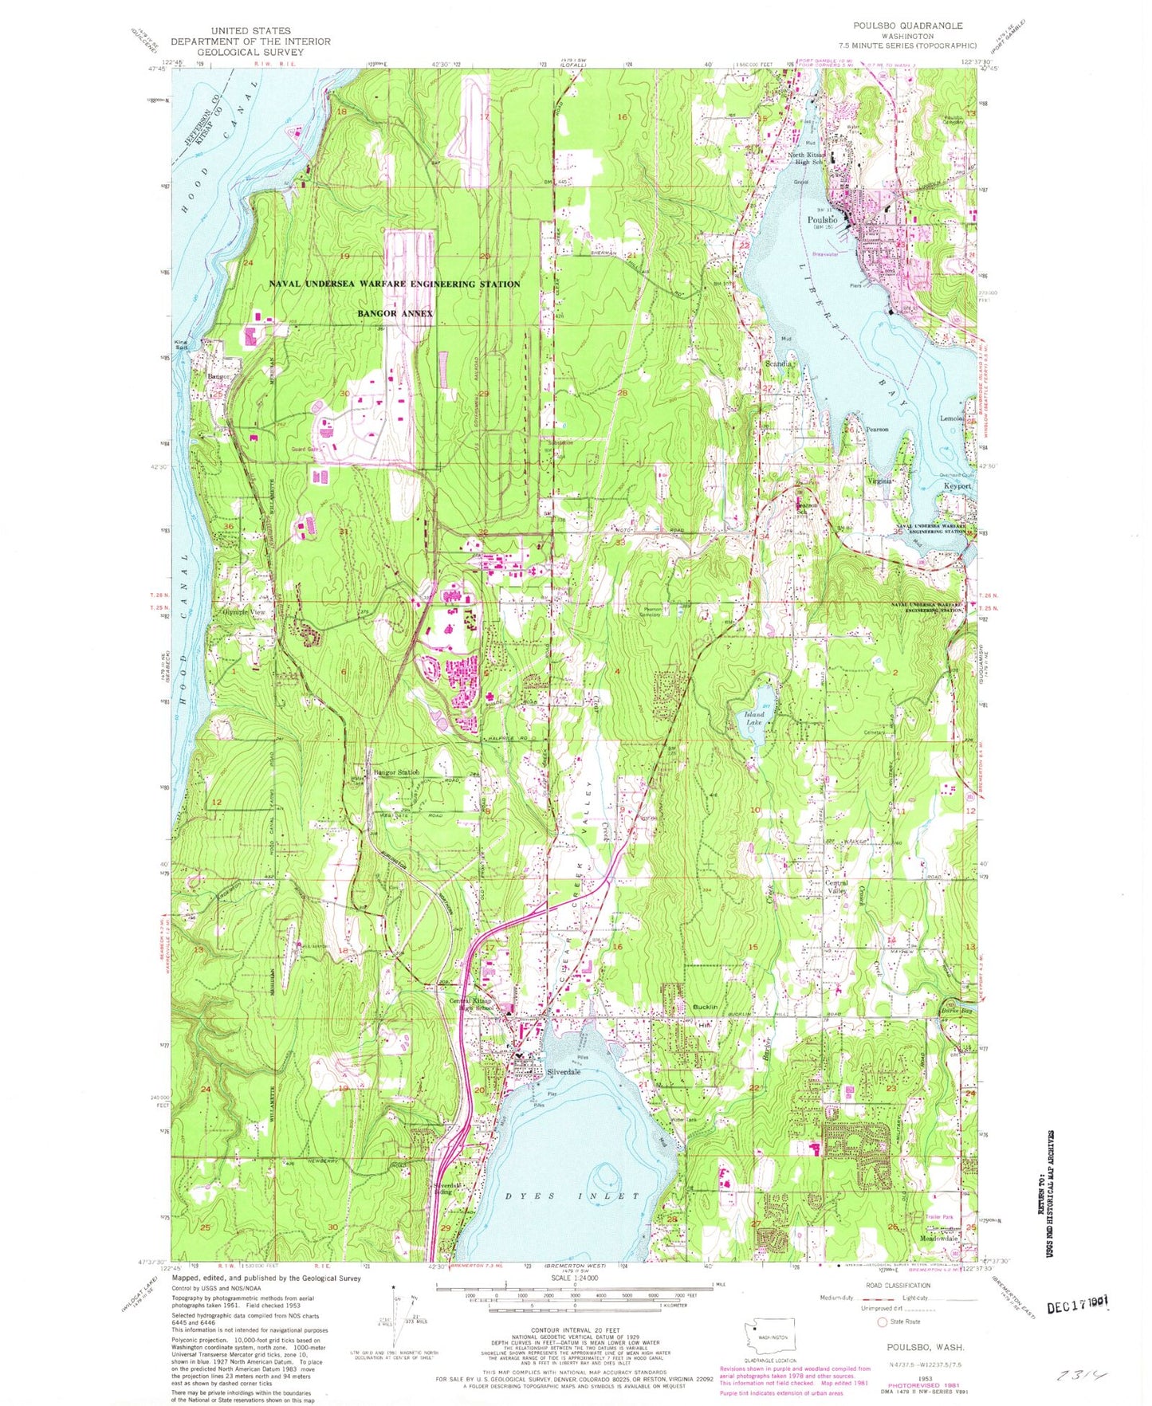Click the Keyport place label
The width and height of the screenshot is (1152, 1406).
(x=957, y=485)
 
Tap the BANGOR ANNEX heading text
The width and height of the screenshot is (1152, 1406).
(x=395, y=313)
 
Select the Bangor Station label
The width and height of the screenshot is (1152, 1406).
(x=396, y=772)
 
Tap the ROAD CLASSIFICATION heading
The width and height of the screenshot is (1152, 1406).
(x=898, y=1285)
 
